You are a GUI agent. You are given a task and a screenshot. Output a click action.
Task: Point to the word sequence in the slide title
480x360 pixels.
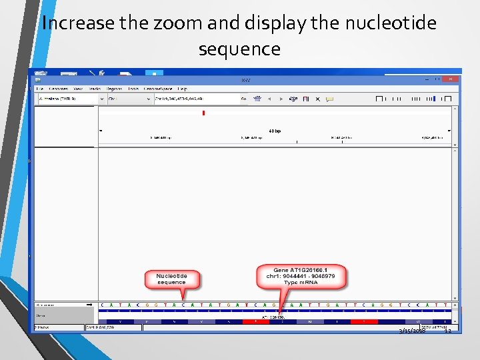point(239,49)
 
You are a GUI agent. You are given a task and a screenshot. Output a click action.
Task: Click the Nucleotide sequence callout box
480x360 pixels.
point(172,279)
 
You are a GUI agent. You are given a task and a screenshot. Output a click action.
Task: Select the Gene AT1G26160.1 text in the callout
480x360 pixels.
point(302,270)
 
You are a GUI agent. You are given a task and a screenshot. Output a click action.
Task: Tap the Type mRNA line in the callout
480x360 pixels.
point(302,283)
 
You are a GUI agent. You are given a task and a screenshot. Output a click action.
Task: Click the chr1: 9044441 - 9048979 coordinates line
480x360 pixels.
point(302,276)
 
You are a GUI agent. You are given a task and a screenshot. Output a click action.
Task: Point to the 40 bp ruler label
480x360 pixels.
point(275,131)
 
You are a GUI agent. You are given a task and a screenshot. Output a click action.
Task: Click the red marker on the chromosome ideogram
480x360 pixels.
point(203,113)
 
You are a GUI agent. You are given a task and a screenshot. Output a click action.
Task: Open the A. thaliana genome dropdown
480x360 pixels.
point(70,99)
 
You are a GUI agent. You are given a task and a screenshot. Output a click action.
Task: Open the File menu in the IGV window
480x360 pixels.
point(39,88)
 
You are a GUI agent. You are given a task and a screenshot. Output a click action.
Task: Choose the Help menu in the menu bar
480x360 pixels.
point(183,88)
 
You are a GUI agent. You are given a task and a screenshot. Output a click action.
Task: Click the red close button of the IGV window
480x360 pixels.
point(451,79)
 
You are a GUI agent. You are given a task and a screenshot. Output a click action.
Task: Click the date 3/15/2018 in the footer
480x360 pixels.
point(412,331)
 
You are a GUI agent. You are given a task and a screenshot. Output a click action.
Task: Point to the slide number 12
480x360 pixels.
point(448,331)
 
